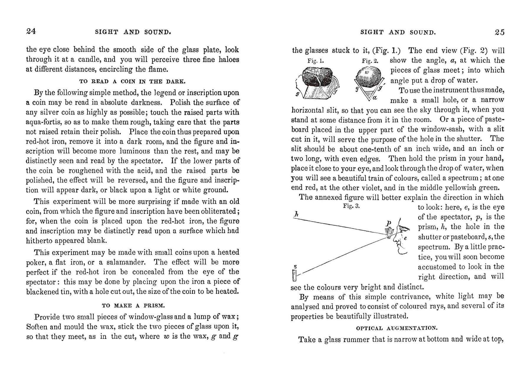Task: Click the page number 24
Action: click(31, 32)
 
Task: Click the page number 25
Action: click(499, 32)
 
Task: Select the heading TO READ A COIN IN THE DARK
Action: click(132, 82)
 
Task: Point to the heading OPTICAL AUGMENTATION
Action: click(397, 328)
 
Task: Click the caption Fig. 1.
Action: click(315, 61)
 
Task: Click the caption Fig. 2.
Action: click(370, 61)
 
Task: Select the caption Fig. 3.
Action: click(351, 206)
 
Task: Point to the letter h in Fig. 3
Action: click(296, 214)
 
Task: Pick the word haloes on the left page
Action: click(229, 59)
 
